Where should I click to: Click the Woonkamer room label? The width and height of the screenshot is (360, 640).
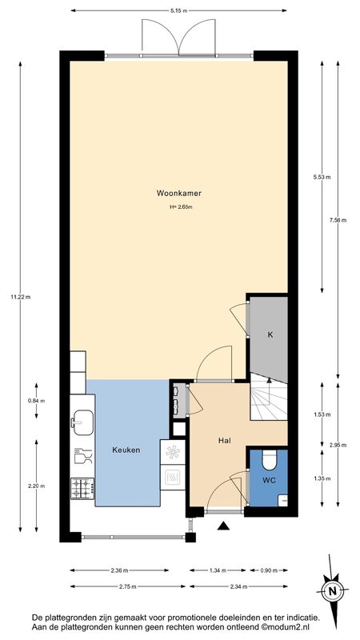click(x=179, y=193)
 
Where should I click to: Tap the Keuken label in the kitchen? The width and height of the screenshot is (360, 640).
click(x=126, y=450)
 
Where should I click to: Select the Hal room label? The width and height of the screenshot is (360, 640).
click(x=223, y=441)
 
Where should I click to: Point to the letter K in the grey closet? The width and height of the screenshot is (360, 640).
click(x=270, y=334)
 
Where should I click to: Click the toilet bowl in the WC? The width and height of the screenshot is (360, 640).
click(x=270, y=460)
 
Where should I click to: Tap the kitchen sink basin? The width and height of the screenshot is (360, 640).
click(x=83, y=419)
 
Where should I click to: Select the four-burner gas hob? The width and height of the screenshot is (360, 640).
click(x=83, y=489)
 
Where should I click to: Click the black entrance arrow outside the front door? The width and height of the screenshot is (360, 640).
click(x=223, y=526)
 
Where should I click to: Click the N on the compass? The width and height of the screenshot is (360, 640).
click(x=334, y=590)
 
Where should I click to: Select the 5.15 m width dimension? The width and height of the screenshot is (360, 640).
click(x=178, y=10)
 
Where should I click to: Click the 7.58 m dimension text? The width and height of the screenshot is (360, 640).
click(x=338, y=221)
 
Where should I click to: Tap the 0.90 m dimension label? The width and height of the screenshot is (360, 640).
click(x=269, y=570)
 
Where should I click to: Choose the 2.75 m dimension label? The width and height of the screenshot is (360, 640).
click(x=128, y=586)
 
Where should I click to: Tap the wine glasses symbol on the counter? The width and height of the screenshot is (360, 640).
click(x=83, y=455)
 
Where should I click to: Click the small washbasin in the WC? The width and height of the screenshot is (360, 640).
click(x=282, y=499)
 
